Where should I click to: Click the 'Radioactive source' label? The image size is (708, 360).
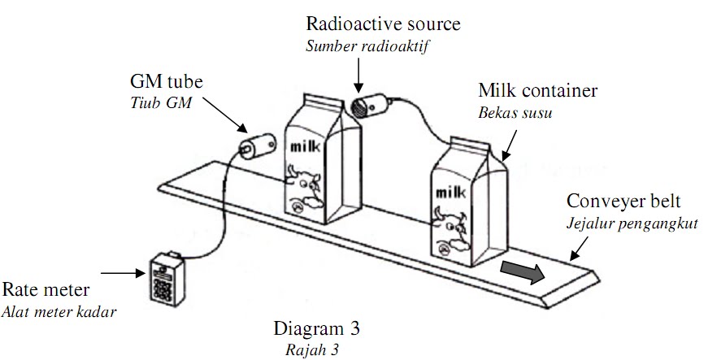[x=383, y=24]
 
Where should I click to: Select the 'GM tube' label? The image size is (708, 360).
[x=167, y=84]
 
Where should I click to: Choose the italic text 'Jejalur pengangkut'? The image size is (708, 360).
[x=632, y=223]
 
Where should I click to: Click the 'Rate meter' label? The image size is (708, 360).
[x=45, y=291]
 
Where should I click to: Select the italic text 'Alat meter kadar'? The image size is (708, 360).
[x=58, y=311]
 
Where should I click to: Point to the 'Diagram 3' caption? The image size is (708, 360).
[x=317, y=329]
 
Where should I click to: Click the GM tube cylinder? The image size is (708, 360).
[x=255, y=145]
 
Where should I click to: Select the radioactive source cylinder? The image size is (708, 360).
[x=367, y=106]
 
